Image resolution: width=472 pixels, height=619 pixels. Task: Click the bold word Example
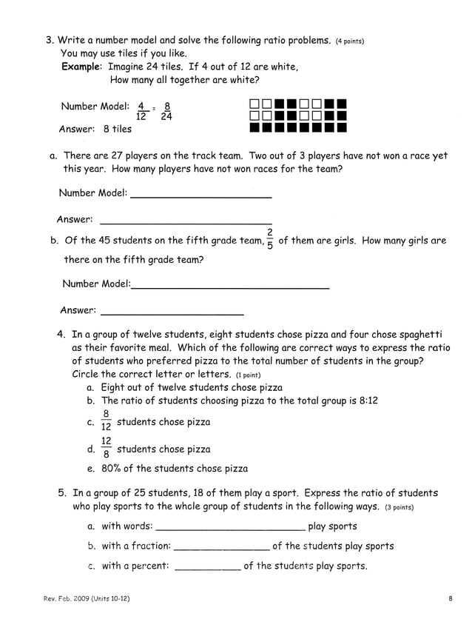(81, 67)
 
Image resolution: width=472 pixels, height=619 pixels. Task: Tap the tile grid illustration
(298, 116)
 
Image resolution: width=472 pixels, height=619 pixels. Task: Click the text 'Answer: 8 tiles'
(95, 129)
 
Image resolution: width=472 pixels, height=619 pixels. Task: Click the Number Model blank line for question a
(200, 195)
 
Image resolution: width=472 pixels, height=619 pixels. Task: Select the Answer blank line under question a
(185, 221)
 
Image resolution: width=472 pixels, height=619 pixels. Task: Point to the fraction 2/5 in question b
(270, 240)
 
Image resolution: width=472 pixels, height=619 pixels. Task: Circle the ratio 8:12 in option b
(366, 401)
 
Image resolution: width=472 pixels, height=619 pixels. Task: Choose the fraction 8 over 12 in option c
(107, 421)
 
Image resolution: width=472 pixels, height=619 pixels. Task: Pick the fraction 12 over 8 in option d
(107, 447)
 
